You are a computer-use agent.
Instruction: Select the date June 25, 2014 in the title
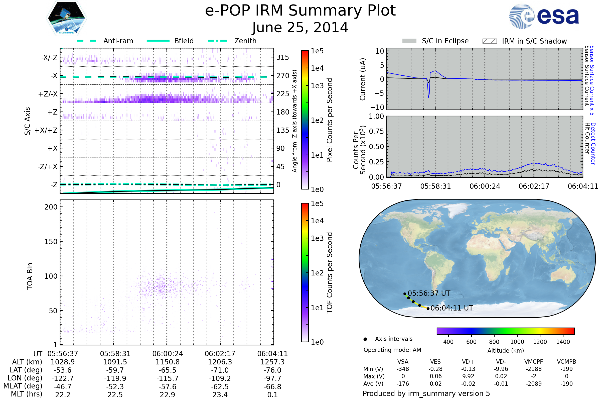300,28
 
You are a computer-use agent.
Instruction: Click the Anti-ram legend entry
118,41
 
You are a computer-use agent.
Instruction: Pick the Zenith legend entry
245,41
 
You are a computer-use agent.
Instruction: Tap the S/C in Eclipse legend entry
445,41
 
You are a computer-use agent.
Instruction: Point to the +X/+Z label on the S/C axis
46,130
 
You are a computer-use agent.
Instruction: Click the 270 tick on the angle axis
283,76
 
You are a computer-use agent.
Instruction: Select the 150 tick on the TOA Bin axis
51,242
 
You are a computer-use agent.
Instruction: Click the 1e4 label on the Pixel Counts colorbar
317,68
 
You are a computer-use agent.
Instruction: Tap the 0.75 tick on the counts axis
376,131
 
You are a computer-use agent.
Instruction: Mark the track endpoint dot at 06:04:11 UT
428,309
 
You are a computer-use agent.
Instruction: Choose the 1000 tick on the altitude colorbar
517,342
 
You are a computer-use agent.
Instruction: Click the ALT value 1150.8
168,362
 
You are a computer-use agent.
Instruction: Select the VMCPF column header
534,362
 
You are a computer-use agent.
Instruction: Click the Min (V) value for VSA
403,369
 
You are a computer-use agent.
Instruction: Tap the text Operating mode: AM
392,350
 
